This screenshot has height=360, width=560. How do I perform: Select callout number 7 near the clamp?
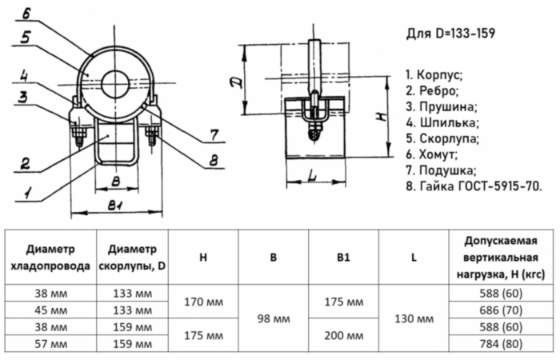tap(213, 133)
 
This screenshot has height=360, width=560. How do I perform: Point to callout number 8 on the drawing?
tap(213, 161)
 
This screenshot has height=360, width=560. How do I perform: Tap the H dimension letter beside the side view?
tap(383, 116)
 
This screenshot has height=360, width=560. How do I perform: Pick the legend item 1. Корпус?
tap(434, 74)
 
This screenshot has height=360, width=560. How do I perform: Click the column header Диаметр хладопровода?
tap(50, 256)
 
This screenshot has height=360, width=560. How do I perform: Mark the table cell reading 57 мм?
tap(50, 343)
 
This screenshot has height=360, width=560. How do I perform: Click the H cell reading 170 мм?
tap(203, 302)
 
